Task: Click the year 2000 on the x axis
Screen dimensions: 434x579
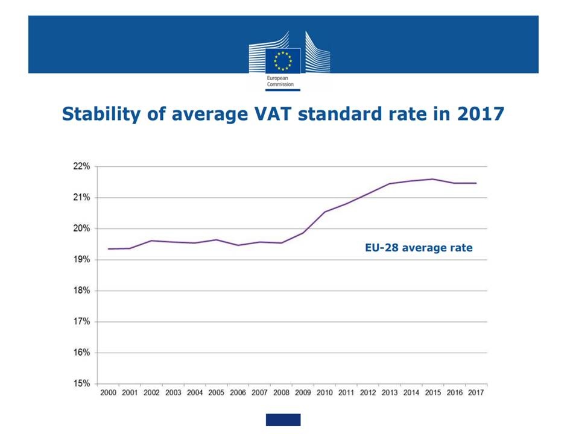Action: tap(108, 393)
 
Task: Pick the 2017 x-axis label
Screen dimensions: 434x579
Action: tap(476, 393)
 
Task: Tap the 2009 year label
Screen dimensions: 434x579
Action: tap(303, 393)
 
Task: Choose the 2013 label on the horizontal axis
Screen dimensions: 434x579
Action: tap(390, 393)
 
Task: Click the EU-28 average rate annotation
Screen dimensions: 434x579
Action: tap(419, 248)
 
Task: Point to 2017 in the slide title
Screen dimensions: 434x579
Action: tap(480, 114)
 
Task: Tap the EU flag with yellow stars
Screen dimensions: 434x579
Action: tap(283, 61)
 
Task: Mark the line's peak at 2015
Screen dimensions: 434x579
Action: tap(432, 179)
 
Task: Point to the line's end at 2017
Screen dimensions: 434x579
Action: tap(476, 183)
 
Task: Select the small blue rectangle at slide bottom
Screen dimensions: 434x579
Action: tap(283, 420)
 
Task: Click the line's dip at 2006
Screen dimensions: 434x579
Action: tap(238, 245)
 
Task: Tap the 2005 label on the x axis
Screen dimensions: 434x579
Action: tap(216, 393)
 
